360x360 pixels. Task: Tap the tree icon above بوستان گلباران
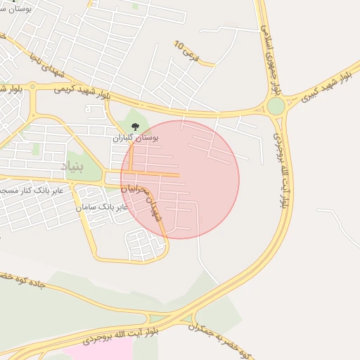136,127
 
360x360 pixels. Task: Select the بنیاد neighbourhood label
73,167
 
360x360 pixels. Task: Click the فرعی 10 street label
186,49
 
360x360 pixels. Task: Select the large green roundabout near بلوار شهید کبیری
276,106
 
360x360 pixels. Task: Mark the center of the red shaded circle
180,179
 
